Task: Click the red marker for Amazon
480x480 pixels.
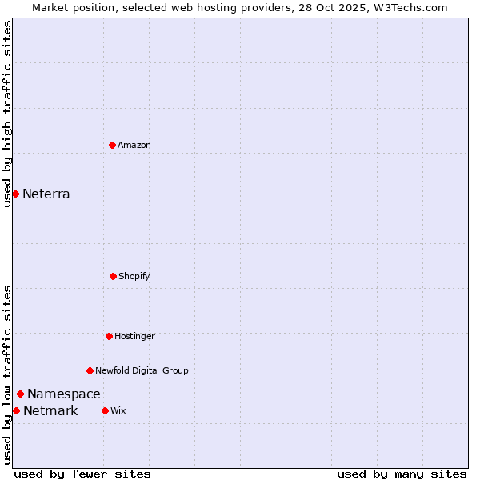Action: pos(112,145)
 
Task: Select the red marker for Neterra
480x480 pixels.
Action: pos(15,194)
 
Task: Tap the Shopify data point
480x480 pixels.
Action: pos(113,276)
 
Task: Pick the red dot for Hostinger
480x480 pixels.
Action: pos(109,336)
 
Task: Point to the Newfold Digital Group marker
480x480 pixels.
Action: pos(90,370)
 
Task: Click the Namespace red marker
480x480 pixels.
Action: pos(20,394)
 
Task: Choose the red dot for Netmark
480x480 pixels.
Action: pos(16,410)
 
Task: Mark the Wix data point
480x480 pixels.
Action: pos(105,410)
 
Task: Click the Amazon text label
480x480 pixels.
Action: pos(134,145)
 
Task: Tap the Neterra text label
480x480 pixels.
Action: pos(46,194)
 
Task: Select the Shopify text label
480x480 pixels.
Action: pos(134,276)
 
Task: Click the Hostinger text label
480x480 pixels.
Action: pos(134,336)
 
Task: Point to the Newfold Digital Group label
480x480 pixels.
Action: pos(142,370)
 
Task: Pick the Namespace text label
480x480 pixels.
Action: pos(64,394)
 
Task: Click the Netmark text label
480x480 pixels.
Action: pos(50,410)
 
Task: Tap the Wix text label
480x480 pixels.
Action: pos(118,410)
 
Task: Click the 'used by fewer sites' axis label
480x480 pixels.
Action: pos(82,474)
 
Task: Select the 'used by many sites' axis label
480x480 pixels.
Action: pos(402,474)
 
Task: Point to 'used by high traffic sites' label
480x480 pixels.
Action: pos(7,114)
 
